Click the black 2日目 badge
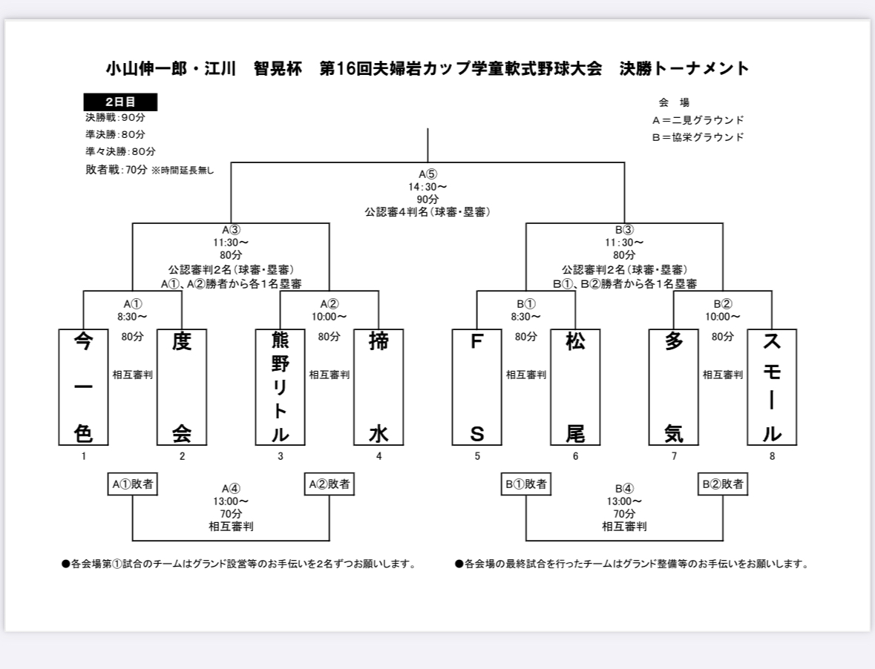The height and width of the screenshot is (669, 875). pyautogui.click(x=120, y=102)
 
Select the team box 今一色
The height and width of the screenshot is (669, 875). pyautogui.click(x=84, y=387)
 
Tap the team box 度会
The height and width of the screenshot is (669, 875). pyautogui.click(x=182, y=387)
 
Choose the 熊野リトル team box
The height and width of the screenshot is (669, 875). pyautogui.click(x=280, y=387)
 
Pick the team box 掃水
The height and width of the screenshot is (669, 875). pyautogui.click(x=379, y=387)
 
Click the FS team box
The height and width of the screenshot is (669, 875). pyautogui.click(x=477, y=387)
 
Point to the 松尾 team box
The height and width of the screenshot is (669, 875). pyautogui.click(x=575, y=387)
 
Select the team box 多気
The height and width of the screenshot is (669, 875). pyautogui.click(x=674, y=387)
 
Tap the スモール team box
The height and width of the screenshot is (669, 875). pyautogui.click(x=772, y=387)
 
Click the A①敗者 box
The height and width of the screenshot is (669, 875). pyautogui.click(x=133, y=484)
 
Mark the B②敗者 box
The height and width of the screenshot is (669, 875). pyautogui.click(x=723, y=484)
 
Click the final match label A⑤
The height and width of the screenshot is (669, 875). pyautogui.click(x=428, y=174)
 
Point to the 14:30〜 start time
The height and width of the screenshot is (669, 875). pyautogui.click(x=427, y=187)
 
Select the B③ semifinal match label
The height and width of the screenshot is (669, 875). pyautogui.click(x=624, y=230)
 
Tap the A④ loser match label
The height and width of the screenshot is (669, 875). pyautogui.click(x=231, y=489)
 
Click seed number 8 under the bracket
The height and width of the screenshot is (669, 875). pyautogui.click(x=773, y=456)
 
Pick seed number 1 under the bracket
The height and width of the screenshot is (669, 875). pyautogui.click(x=84, y=456)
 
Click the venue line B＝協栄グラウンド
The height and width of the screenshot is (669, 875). pyautogui.click(x=698, y=137)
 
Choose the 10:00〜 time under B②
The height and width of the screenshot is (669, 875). pyautogui.click(x=723, y=317)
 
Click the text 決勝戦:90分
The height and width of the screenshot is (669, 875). pyautogui.click(x=116, y=118)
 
